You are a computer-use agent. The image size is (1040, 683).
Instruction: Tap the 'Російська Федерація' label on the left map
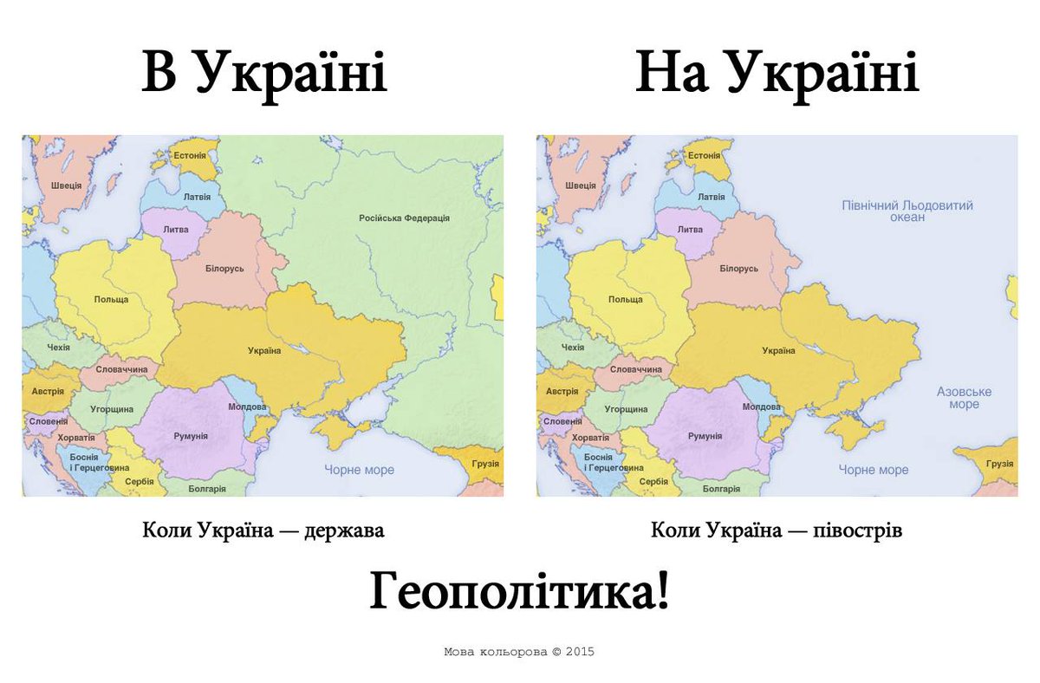[x=404, y=218]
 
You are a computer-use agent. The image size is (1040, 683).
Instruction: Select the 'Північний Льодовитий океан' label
[x=907, y=211]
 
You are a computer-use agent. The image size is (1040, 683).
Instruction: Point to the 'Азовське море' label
[x=964, y=398]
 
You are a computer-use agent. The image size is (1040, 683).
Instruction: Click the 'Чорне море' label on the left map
[x=359, y=470]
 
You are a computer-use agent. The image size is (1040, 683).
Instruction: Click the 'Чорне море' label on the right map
[x=874, y=470]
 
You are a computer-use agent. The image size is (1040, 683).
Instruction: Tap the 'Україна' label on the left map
[x=264, y=350]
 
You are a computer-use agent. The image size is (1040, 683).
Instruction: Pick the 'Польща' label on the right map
[x=626, y=299]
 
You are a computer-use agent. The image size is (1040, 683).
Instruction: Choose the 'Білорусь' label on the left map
[x=224, y=269]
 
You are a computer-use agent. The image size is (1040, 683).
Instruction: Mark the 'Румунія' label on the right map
[x=705, y=436]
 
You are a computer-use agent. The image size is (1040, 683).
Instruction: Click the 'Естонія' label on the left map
[x=190, y=156]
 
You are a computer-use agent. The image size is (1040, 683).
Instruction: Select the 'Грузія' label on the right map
[x=1000, y=464]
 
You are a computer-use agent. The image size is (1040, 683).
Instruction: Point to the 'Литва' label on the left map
[x=176, y=230]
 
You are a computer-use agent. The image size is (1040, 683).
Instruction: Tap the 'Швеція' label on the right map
[x=580, y=185]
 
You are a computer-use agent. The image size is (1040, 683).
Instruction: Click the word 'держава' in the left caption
[x=344, y=530]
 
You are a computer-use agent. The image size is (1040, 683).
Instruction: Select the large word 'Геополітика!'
[x=520, y=594]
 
